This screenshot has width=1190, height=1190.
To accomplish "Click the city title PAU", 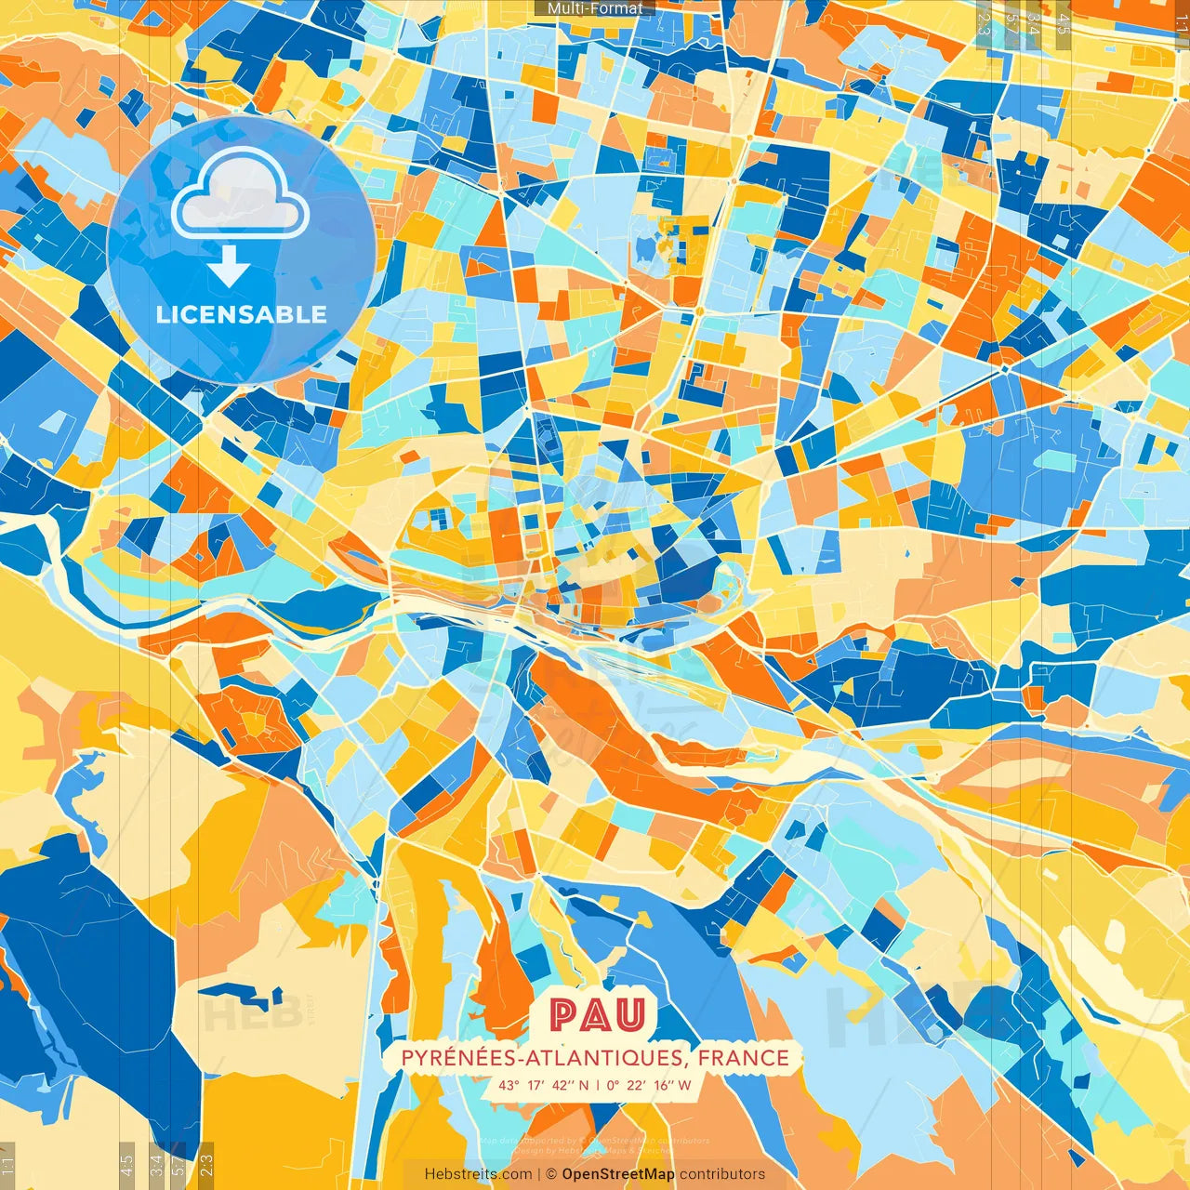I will pos(595,1015).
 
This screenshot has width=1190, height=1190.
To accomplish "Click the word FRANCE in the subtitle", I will pos(743,1058).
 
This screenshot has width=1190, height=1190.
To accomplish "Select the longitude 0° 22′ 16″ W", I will pos(649,1085).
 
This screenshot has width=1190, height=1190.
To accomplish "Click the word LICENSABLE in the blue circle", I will pos(242,314).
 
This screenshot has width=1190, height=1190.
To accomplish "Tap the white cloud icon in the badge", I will pos(240,194).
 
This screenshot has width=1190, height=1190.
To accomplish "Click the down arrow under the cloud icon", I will pos(229,268).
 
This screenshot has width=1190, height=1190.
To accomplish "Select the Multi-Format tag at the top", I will pos(595,8).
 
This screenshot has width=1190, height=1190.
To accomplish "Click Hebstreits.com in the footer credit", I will pos(478,1174).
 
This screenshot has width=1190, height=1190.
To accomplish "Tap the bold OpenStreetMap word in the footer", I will pos(618,1174).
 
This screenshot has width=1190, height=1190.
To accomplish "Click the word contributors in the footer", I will pos(722,1174).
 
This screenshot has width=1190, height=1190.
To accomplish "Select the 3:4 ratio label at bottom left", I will pos(156,1162).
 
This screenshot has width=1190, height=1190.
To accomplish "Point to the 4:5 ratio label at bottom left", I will pos(126,1162).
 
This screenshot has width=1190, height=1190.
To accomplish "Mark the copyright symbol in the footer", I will pos(550,1174).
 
